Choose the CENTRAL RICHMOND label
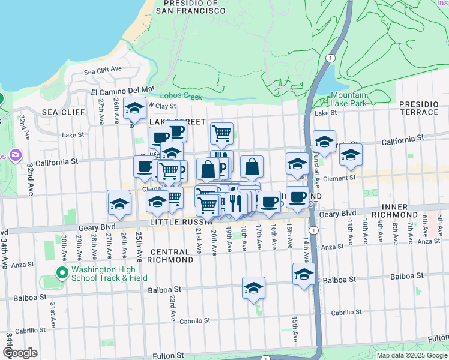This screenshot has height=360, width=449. tap(172, 256)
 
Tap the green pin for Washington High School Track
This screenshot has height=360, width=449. tap(61, 274)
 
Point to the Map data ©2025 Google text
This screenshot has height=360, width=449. tap(412, 355)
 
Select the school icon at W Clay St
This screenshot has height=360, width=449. tap(135, 109)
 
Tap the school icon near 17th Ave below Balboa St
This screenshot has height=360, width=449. tap(254, 289)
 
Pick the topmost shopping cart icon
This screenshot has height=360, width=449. tap(222, 133)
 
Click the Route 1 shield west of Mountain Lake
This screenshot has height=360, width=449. tap(330, 58)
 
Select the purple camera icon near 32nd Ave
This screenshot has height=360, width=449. tap(16, 155)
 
